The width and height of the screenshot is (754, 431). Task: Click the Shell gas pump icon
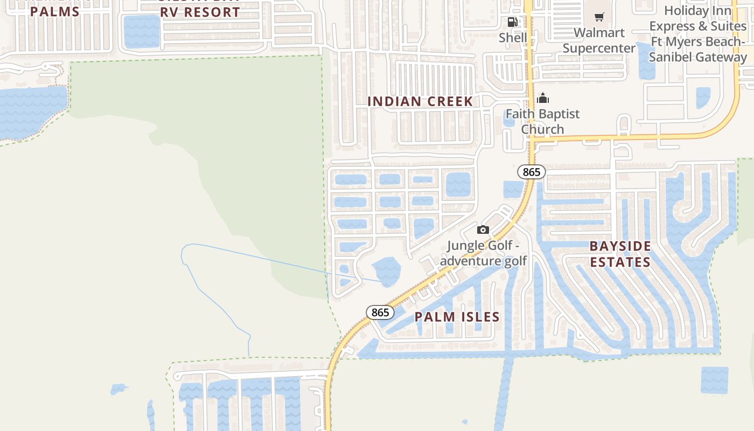tap(513, 22)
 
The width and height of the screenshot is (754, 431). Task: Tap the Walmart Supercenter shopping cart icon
tap(599, 17)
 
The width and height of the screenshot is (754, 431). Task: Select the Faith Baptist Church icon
tap(543, 98)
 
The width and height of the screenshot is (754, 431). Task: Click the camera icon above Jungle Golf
tap(483, 230)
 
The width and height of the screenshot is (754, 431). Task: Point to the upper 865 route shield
tap(532, 172)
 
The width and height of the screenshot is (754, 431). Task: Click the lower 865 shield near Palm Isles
tap(380, 312)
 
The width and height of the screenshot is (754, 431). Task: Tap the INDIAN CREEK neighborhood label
tap(420, 101)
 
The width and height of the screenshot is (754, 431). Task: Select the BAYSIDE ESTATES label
tap(620, 254)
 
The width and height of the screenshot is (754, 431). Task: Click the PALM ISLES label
tap(457, 317)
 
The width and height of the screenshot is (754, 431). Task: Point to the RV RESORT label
tap(200, 12)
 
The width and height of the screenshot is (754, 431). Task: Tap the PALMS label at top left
tap(55, 11)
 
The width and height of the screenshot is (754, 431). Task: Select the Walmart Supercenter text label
tap(599, 40)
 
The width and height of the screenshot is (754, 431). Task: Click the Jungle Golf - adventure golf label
tap(484, 254)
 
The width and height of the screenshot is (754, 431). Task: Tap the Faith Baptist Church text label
tap(542, 121)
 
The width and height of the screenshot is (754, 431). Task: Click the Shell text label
tap(513, 38)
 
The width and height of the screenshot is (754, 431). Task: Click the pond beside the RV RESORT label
tap(142, 31)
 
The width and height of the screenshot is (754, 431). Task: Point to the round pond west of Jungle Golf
tap(386, 271)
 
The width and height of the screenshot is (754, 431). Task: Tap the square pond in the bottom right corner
tap(714, 380)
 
